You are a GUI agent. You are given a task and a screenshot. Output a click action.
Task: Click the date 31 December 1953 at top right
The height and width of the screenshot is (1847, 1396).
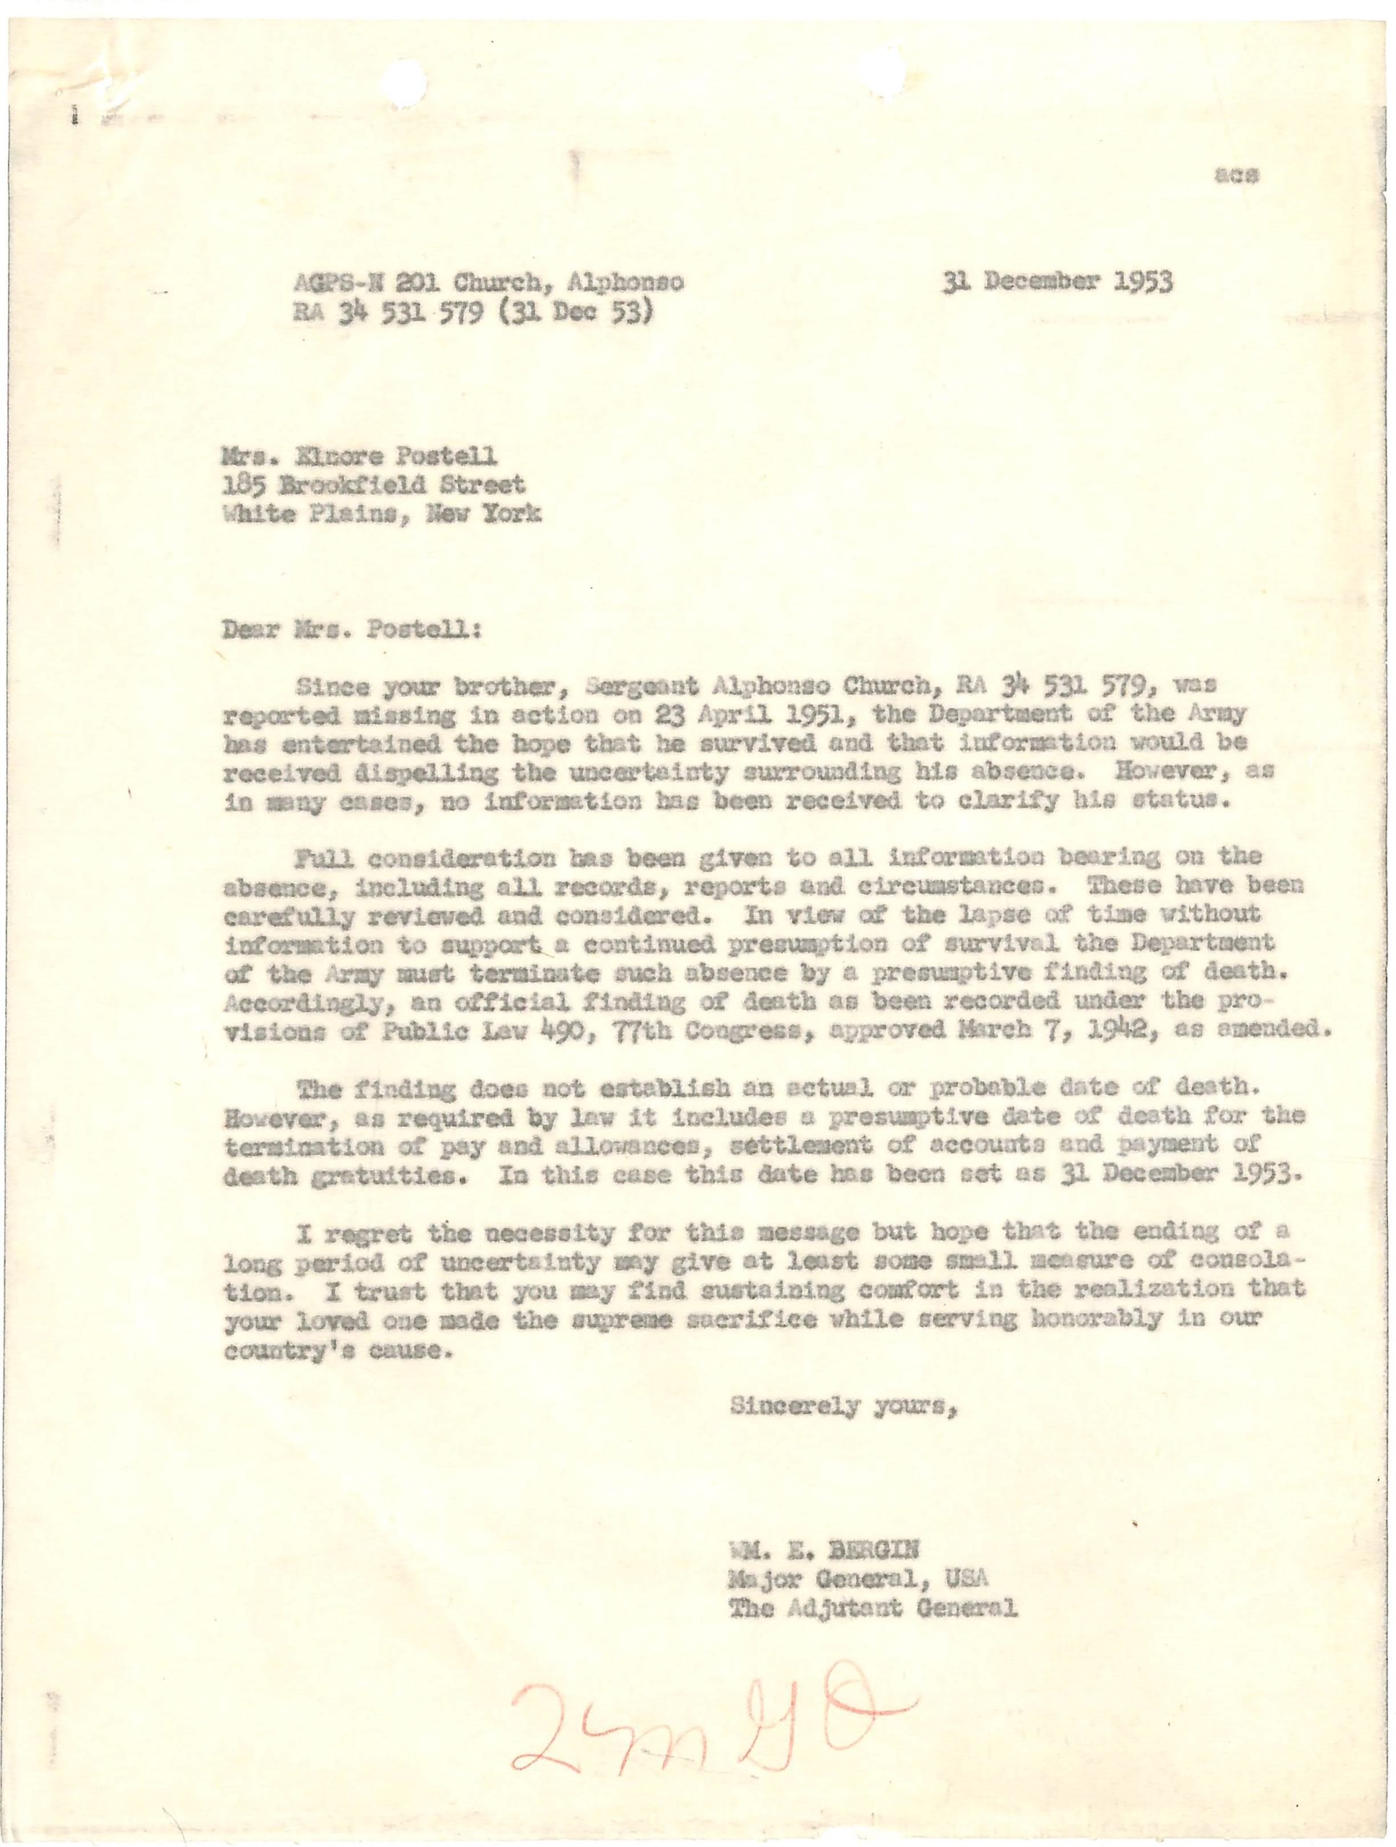click(x=1058, y=282)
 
